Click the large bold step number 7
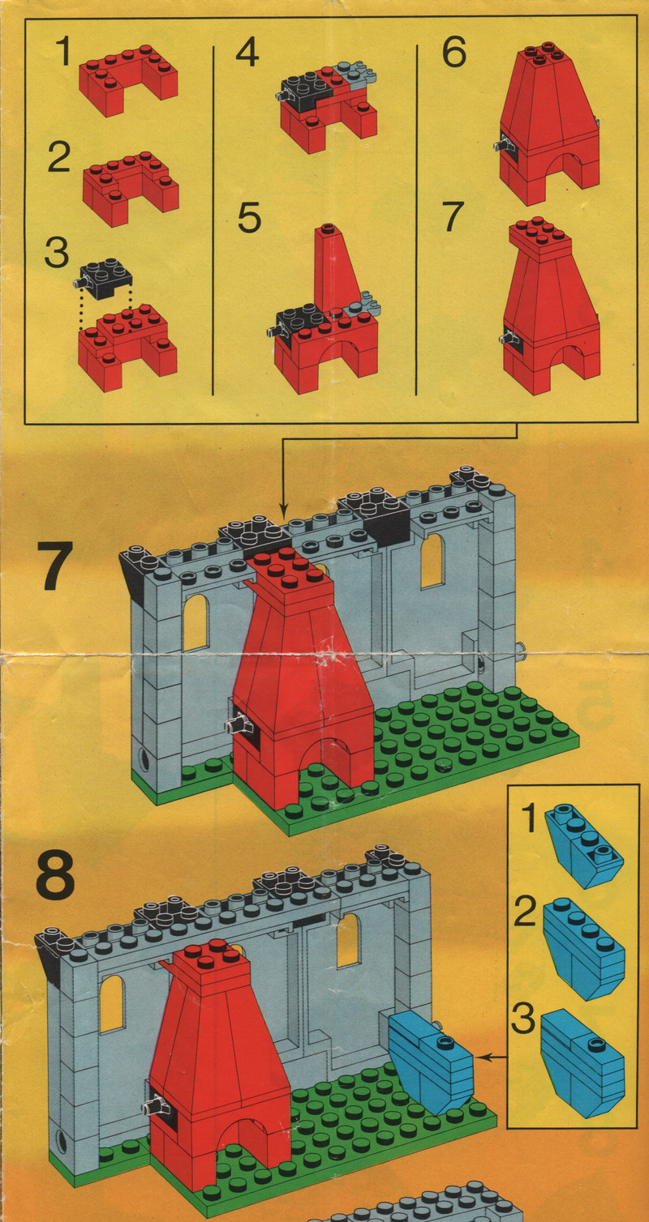pyautogui.click(x=54, y=566)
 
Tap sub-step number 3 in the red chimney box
pyautogui.click(x=56, y=252)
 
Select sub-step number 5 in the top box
pyautogui.click(x=249, y=217)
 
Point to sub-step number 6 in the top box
pyautogui.click(x=454, y=53)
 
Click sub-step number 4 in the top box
pyautogui.click(x=247, y=53)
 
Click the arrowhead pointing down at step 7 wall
pyautogui.click(x=283, y=513)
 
